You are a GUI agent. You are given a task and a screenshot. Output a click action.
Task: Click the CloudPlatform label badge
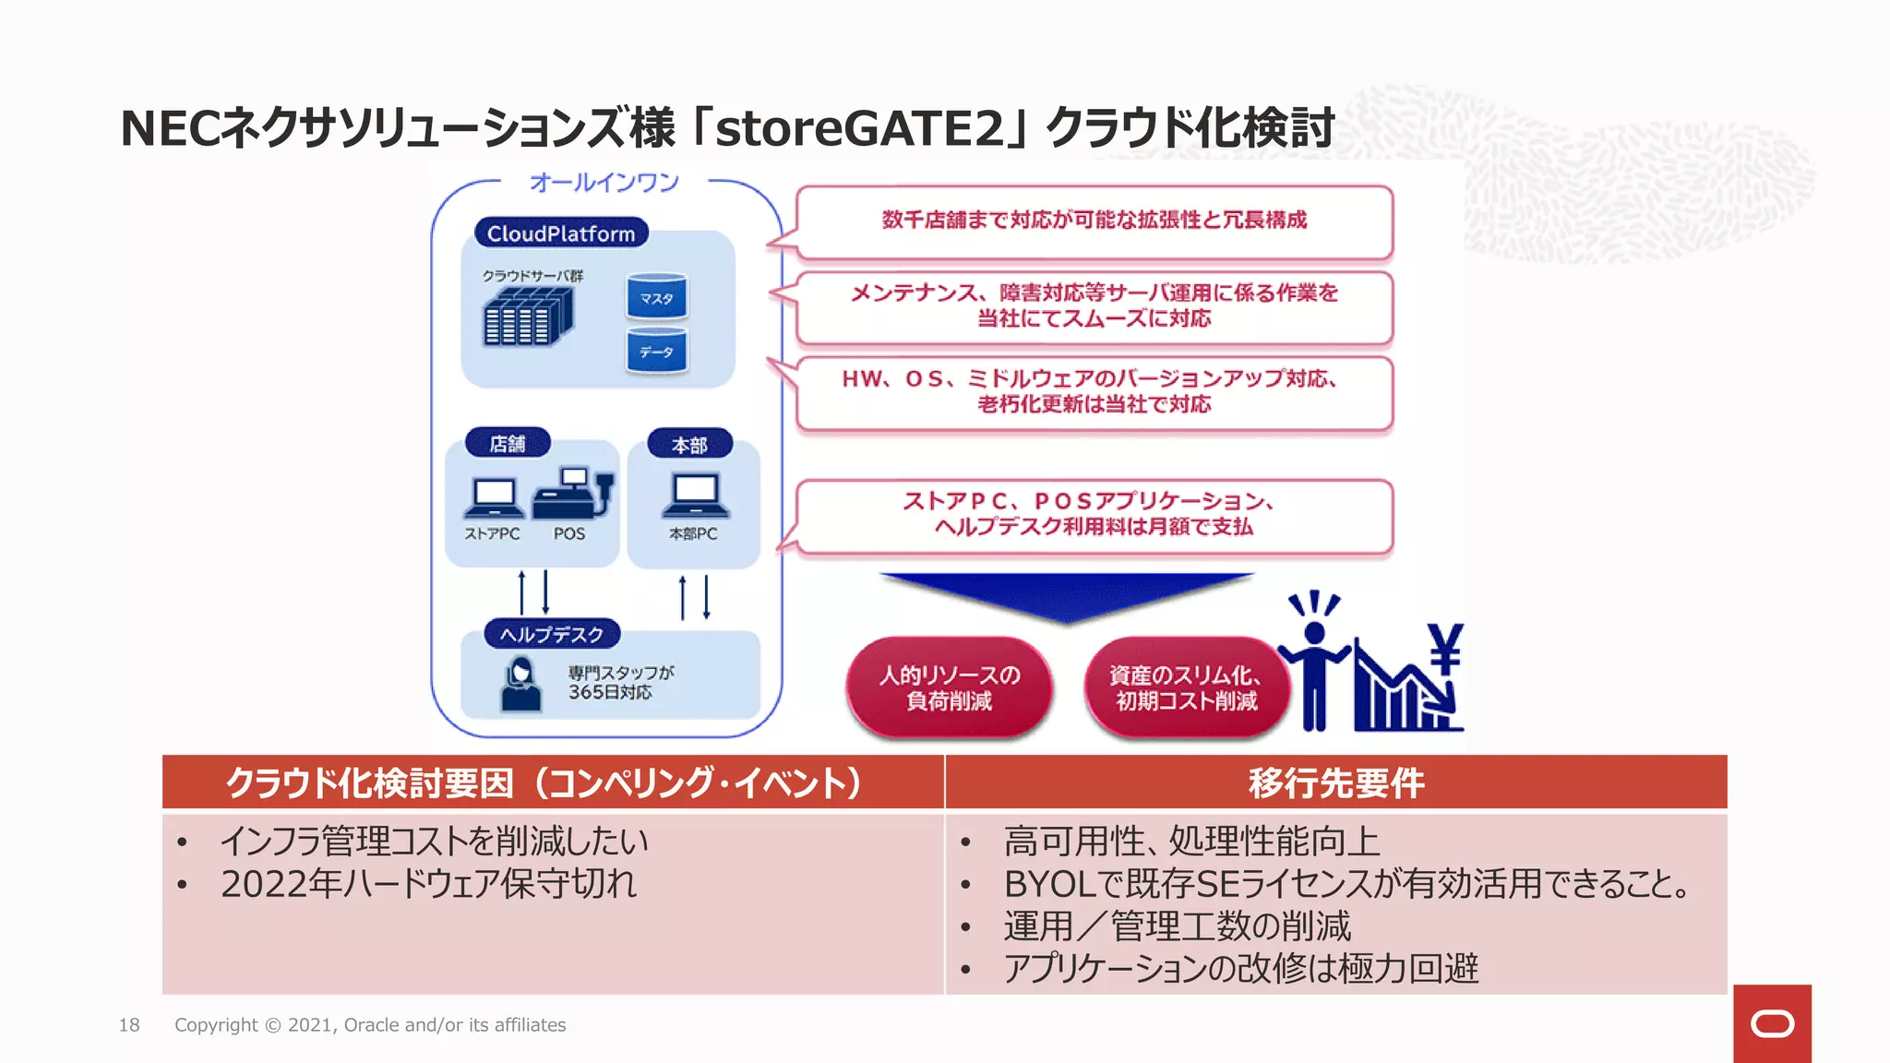click(561, 233)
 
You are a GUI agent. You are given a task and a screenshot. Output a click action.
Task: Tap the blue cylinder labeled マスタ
click(656, 297)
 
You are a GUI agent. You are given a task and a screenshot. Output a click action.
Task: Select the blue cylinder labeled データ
click(656, 351)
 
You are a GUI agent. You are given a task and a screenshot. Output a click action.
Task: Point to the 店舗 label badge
click(507, 444)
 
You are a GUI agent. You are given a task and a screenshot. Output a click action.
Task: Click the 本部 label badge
click(689, 445)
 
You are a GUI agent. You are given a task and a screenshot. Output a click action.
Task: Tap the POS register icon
click(573, 494)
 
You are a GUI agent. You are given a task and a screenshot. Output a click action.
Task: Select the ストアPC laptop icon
click(494, 499)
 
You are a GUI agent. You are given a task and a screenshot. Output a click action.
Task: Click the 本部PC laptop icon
click(695, 496)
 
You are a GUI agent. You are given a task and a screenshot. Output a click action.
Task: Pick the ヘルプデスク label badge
click(552, 634)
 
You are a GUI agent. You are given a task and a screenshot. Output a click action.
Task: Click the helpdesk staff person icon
click(520, 684)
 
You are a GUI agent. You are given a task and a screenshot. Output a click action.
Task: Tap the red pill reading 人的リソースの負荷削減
click(949, 687)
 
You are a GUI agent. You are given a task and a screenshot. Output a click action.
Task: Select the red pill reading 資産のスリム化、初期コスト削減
click(1186, 687)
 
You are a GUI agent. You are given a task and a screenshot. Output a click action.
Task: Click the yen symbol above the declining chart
click(1444, 648)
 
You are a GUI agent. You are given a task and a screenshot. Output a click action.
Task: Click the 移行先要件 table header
click(1335, 782)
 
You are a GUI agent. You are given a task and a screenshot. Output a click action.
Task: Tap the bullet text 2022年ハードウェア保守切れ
click(428, 884)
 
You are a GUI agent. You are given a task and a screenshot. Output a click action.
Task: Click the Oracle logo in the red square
click(1772, 1023)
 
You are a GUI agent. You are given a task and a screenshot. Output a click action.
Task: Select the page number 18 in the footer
click(129, 1025)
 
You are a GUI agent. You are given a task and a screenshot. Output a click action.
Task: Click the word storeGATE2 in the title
click(858, 128)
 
